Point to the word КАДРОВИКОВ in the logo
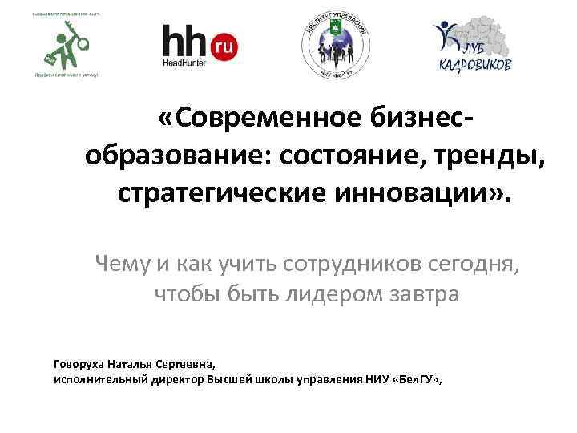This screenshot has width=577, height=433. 474,65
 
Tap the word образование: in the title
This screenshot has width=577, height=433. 178,156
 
